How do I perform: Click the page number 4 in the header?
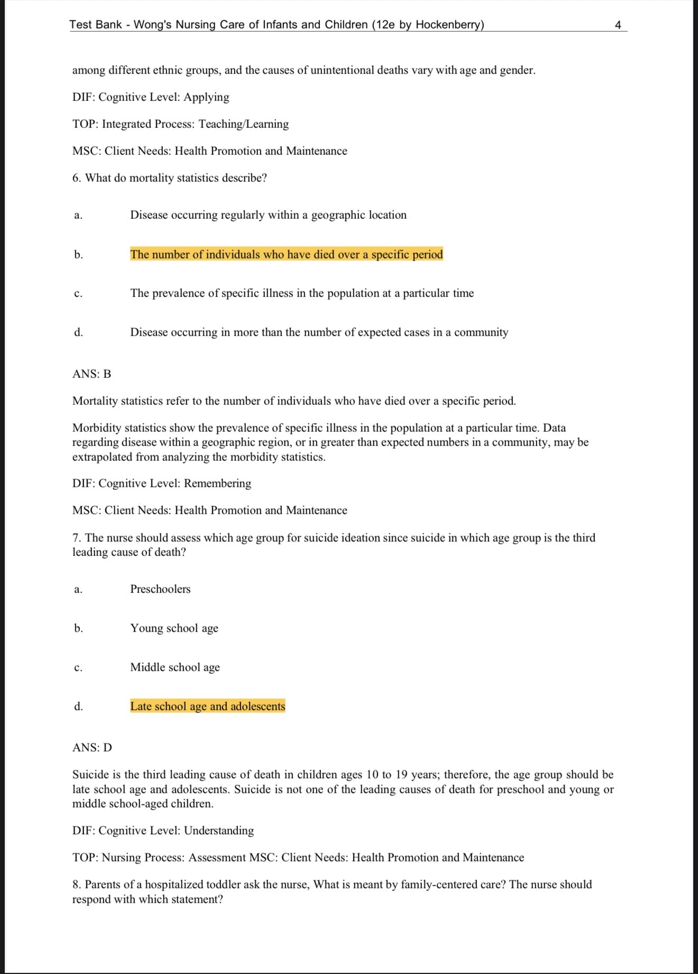[x=618, y=25]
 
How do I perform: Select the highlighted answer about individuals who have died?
[x=286, y=255]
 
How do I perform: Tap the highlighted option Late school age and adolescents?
[x=207, y=707]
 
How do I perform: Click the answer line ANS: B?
[x=91, y=374]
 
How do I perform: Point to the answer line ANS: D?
[x=92, y=748]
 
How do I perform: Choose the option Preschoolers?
[x=160, y=589]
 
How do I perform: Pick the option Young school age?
[x=174, y=628]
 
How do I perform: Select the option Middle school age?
[x=175, y=667]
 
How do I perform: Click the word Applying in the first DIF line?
[x=206, y=97]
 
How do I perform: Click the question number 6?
[x=76, y=178]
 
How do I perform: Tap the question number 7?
[x=76, y=538]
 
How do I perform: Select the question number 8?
[x=76, y=885]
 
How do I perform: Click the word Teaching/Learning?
[x=244, y=124]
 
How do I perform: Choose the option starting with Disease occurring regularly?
[x=268, y=215]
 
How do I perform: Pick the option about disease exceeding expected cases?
[x=319, y=332]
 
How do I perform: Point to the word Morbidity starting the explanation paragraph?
[x=96, y=428]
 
